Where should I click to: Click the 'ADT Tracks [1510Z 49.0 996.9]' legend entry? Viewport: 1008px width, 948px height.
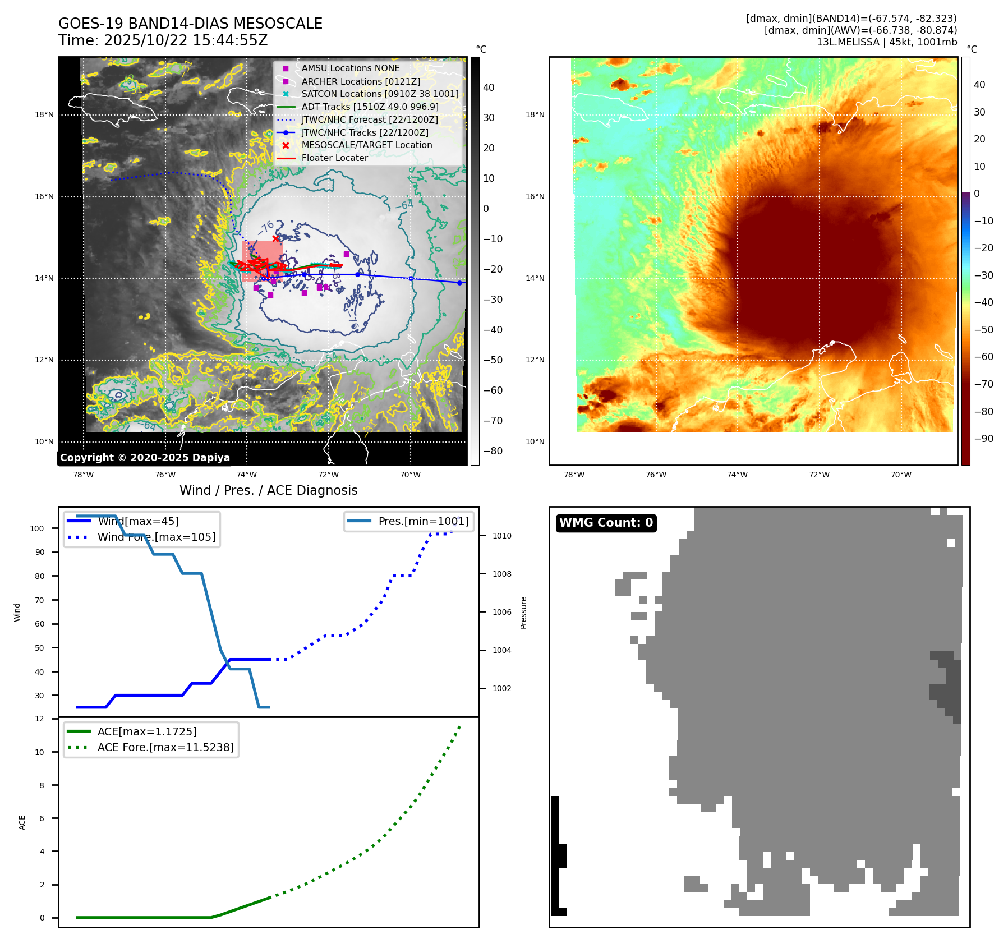coord(370,107)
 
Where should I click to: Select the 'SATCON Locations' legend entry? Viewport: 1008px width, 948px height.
coord(380,94)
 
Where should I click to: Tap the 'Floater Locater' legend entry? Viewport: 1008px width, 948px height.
coord(334,158)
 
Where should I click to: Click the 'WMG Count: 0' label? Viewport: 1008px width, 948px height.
coord(606,523)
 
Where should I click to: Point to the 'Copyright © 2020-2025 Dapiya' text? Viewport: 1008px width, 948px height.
coord(145,458)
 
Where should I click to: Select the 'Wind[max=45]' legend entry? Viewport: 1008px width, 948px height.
coord(138,521)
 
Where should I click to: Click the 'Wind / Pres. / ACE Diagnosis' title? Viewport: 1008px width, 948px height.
coord(268,490)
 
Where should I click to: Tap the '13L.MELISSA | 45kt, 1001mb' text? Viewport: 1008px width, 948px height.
coord(886,42)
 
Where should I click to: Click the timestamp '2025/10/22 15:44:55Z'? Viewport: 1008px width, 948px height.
coord(186,41)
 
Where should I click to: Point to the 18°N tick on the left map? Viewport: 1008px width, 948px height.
coord(44,115)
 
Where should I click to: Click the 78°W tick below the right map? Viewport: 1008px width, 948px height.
coord(574,475)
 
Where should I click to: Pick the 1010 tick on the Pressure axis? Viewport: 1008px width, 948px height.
coord(501,536)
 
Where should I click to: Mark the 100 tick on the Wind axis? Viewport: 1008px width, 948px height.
coord(37,528)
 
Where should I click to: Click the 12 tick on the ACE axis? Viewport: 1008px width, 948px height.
coord(39,719)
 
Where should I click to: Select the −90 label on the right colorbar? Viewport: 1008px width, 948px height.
coord(983,439)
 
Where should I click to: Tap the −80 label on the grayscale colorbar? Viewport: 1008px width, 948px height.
coord(493,451)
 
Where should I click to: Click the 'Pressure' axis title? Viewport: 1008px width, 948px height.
coord(523,613)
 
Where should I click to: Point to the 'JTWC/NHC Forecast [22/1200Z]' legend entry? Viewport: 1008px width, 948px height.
coord(370,119)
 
